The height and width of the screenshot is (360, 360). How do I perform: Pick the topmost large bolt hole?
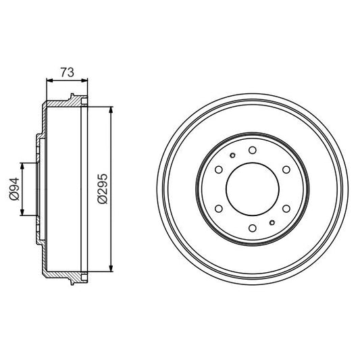point(251,151)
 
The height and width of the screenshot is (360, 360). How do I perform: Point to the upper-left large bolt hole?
point(217,170)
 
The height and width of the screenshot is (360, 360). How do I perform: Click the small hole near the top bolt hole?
point(232,156)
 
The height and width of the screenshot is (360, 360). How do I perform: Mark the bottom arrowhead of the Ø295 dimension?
point(110,267)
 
